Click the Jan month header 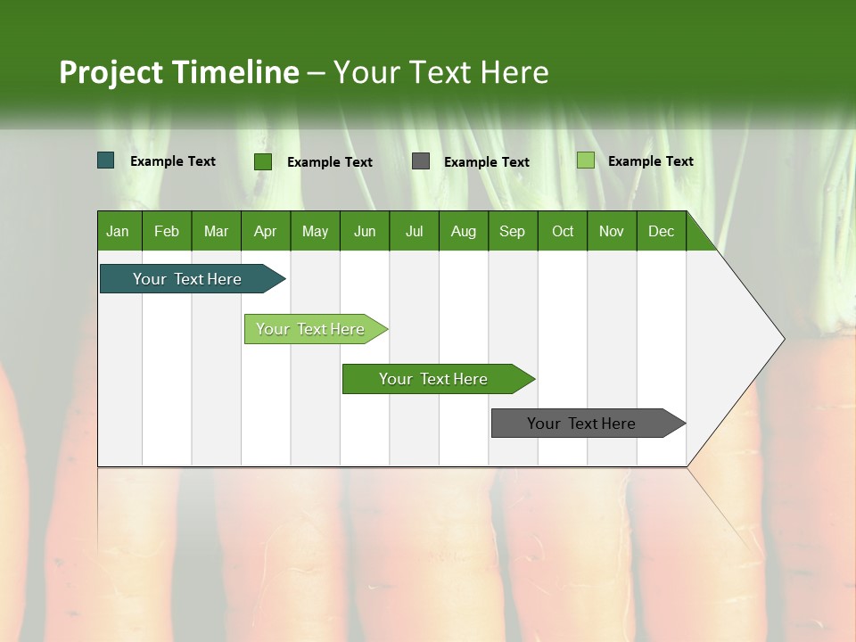[x=119, y=231]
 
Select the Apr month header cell [x=266, y=231]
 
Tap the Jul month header [x=414, y=231]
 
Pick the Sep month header [x=513, y=231]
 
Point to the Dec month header [x=661, y=231]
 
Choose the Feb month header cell [x=167, y=231]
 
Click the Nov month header [x=612, y=231]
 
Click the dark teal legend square [x=106, y=160]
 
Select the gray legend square [x=421, y=161]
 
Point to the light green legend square [x=585, y=160]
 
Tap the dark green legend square [x=263, y=161]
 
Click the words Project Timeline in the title [x=178, y=72]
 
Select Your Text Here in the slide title [x=440, y=72]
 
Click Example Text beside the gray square [x=487, y=162]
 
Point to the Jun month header [x=365, y=231]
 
